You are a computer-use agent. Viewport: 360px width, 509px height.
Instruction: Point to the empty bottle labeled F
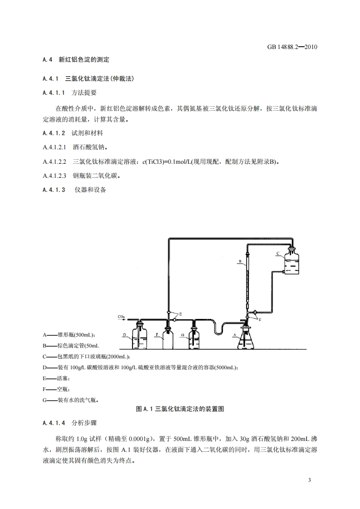click(x=168, y=338)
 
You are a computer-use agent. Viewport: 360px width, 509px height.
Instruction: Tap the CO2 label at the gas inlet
click(x=121, y=316)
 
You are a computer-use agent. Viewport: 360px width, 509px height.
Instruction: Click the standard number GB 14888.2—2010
click(x=289, y=47)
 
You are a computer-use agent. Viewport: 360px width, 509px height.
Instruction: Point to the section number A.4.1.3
click(x=54, y=190)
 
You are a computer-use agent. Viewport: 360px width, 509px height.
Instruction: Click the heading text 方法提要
click(x=84, y=93)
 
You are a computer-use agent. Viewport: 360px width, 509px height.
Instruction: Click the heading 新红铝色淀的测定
click(x=84, y=59)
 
